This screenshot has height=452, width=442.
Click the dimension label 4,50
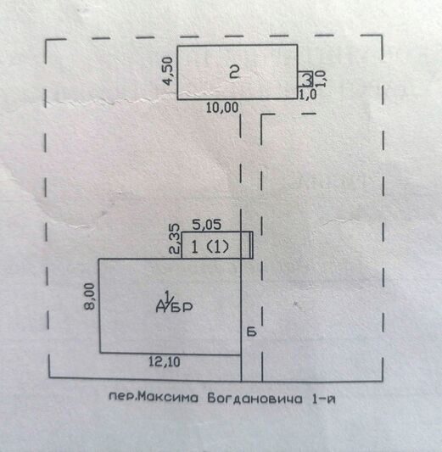click(168, 71)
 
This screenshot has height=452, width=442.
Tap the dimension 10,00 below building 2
click(222, 108)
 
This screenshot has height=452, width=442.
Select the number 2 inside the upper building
click(234, 71)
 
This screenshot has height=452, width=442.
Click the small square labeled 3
click(305, 79)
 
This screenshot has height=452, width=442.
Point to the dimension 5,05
click(207, 225)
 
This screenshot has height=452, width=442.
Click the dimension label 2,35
click(175, 239)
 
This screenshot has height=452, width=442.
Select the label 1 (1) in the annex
click(210, 247)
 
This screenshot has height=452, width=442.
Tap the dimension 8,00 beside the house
click(90, 296)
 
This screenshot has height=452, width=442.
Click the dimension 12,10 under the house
click(165, 361)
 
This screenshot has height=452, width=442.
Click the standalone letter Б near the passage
click(252, 332)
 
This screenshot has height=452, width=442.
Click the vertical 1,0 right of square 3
click(322, 79)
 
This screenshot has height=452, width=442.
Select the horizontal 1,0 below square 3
click(307, 94)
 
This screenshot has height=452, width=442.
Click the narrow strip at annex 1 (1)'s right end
click(251, 245)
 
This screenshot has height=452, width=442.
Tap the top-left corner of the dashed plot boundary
click(46, 41)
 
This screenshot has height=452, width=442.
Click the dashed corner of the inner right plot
click(262, 115)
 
